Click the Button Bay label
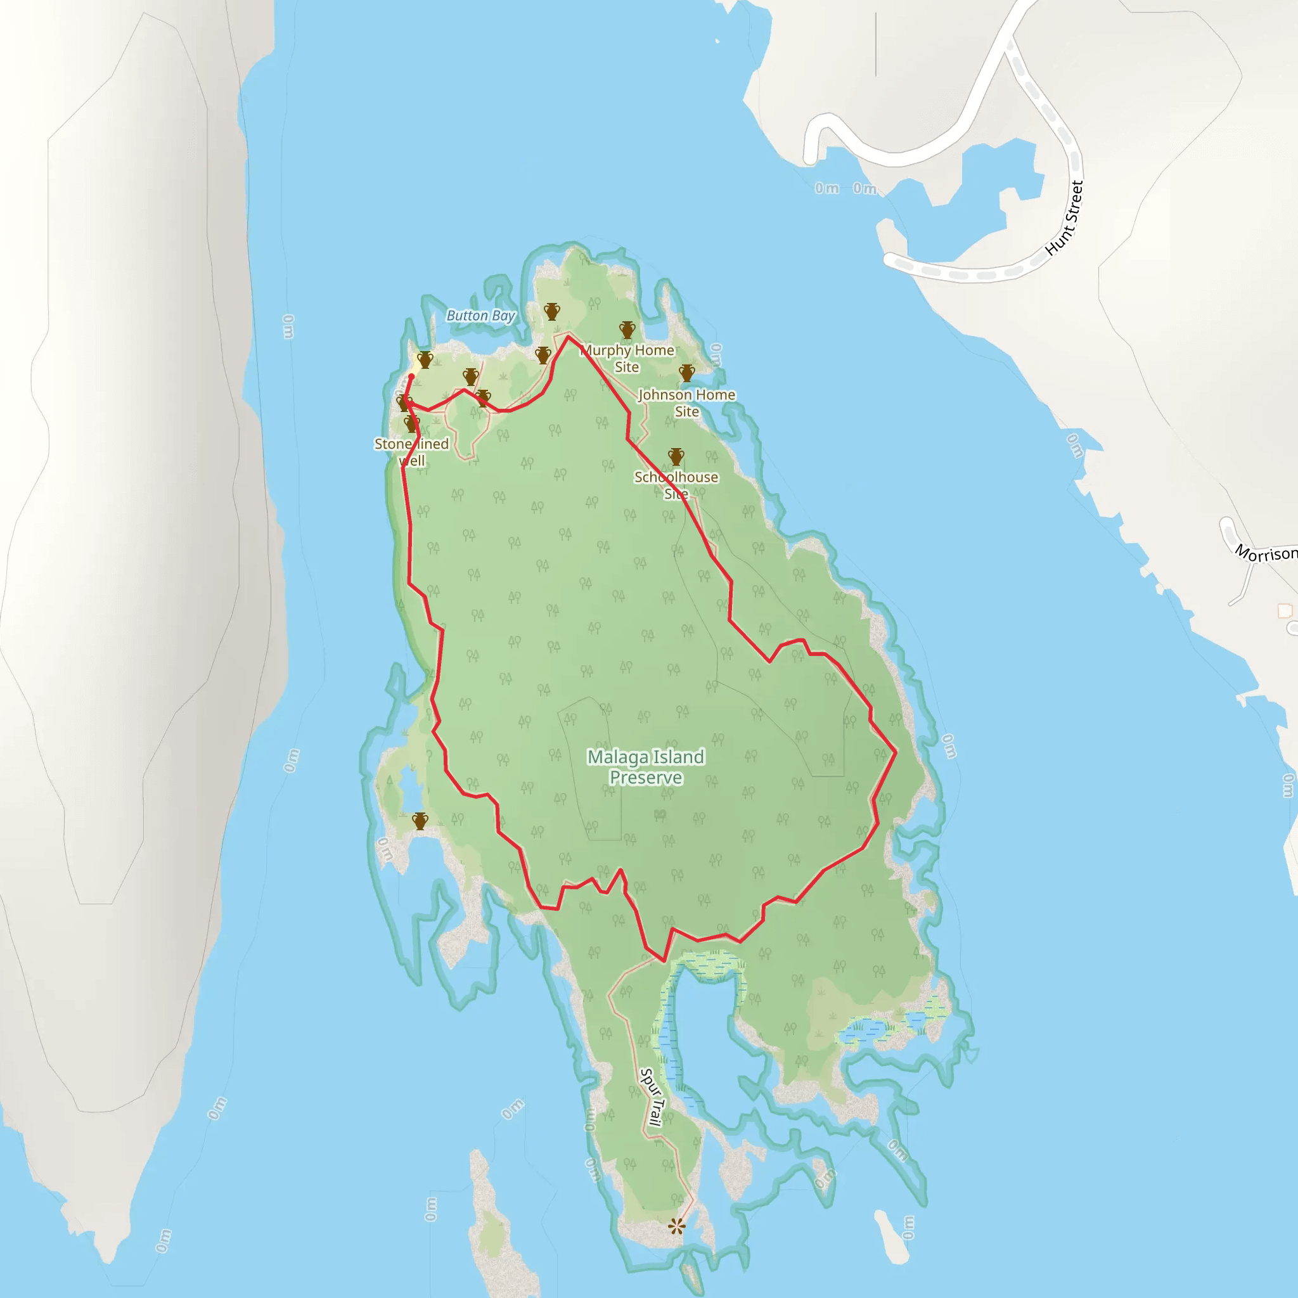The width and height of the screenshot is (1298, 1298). pyautogui.click(x=480, y=316)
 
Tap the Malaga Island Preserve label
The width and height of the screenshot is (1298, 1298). pyautogui.click(x=646, y=767)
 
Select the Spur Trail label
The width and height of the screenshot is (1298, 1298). pyautogui.click(x=652, y=1096)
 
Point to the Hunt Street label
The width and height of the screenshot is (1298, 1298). pyautogui.click(x=1065, y=219)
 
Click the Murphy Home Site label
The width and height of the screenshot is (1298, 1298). pyautogui.click(x=627, y=358)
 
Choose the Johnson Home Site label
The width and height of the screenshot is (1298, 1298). pyautogui.click(x=686, y=403)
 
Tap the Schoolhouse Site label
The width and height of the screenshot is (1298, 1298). pyautogui.click(x=676, y=485)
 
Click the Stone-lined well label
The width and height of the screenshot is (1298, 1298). pyautogui.click(x=411, y=452)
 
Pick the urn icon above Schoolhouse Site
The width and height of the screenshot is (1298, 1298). pyautogui.click(x=676, y=457)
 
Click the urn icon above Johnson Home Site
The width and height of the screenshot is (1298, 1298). pyautogui.click(x=686, y=373)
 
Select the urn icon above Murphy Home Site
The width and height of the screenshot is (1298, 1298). pyautogui.click(x=627, y=329)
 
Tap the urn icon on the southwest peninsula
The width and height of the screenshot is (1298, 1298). pyautogui.click(x=420, y=820)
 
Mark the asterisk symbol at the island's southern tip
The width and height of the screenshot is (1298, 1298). pyautogui.click(x=676, y=1227)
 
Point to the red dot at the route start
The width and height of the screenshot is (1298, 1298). pyautogui.click(x=411, y=376)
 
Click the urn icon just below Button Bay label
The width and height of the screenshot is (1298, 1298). pyautogui.click(x=543, y=355)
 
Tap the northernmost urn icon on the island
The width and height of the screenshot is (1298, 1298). pyautogui.click(x=551, y=311)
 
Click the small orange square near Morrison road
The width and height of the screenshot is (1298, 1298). pyautogui.click(x=1285, y=611)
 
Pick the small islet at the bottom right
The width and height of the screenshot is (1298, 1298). pyautogui.click(x=892, y=1238)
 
